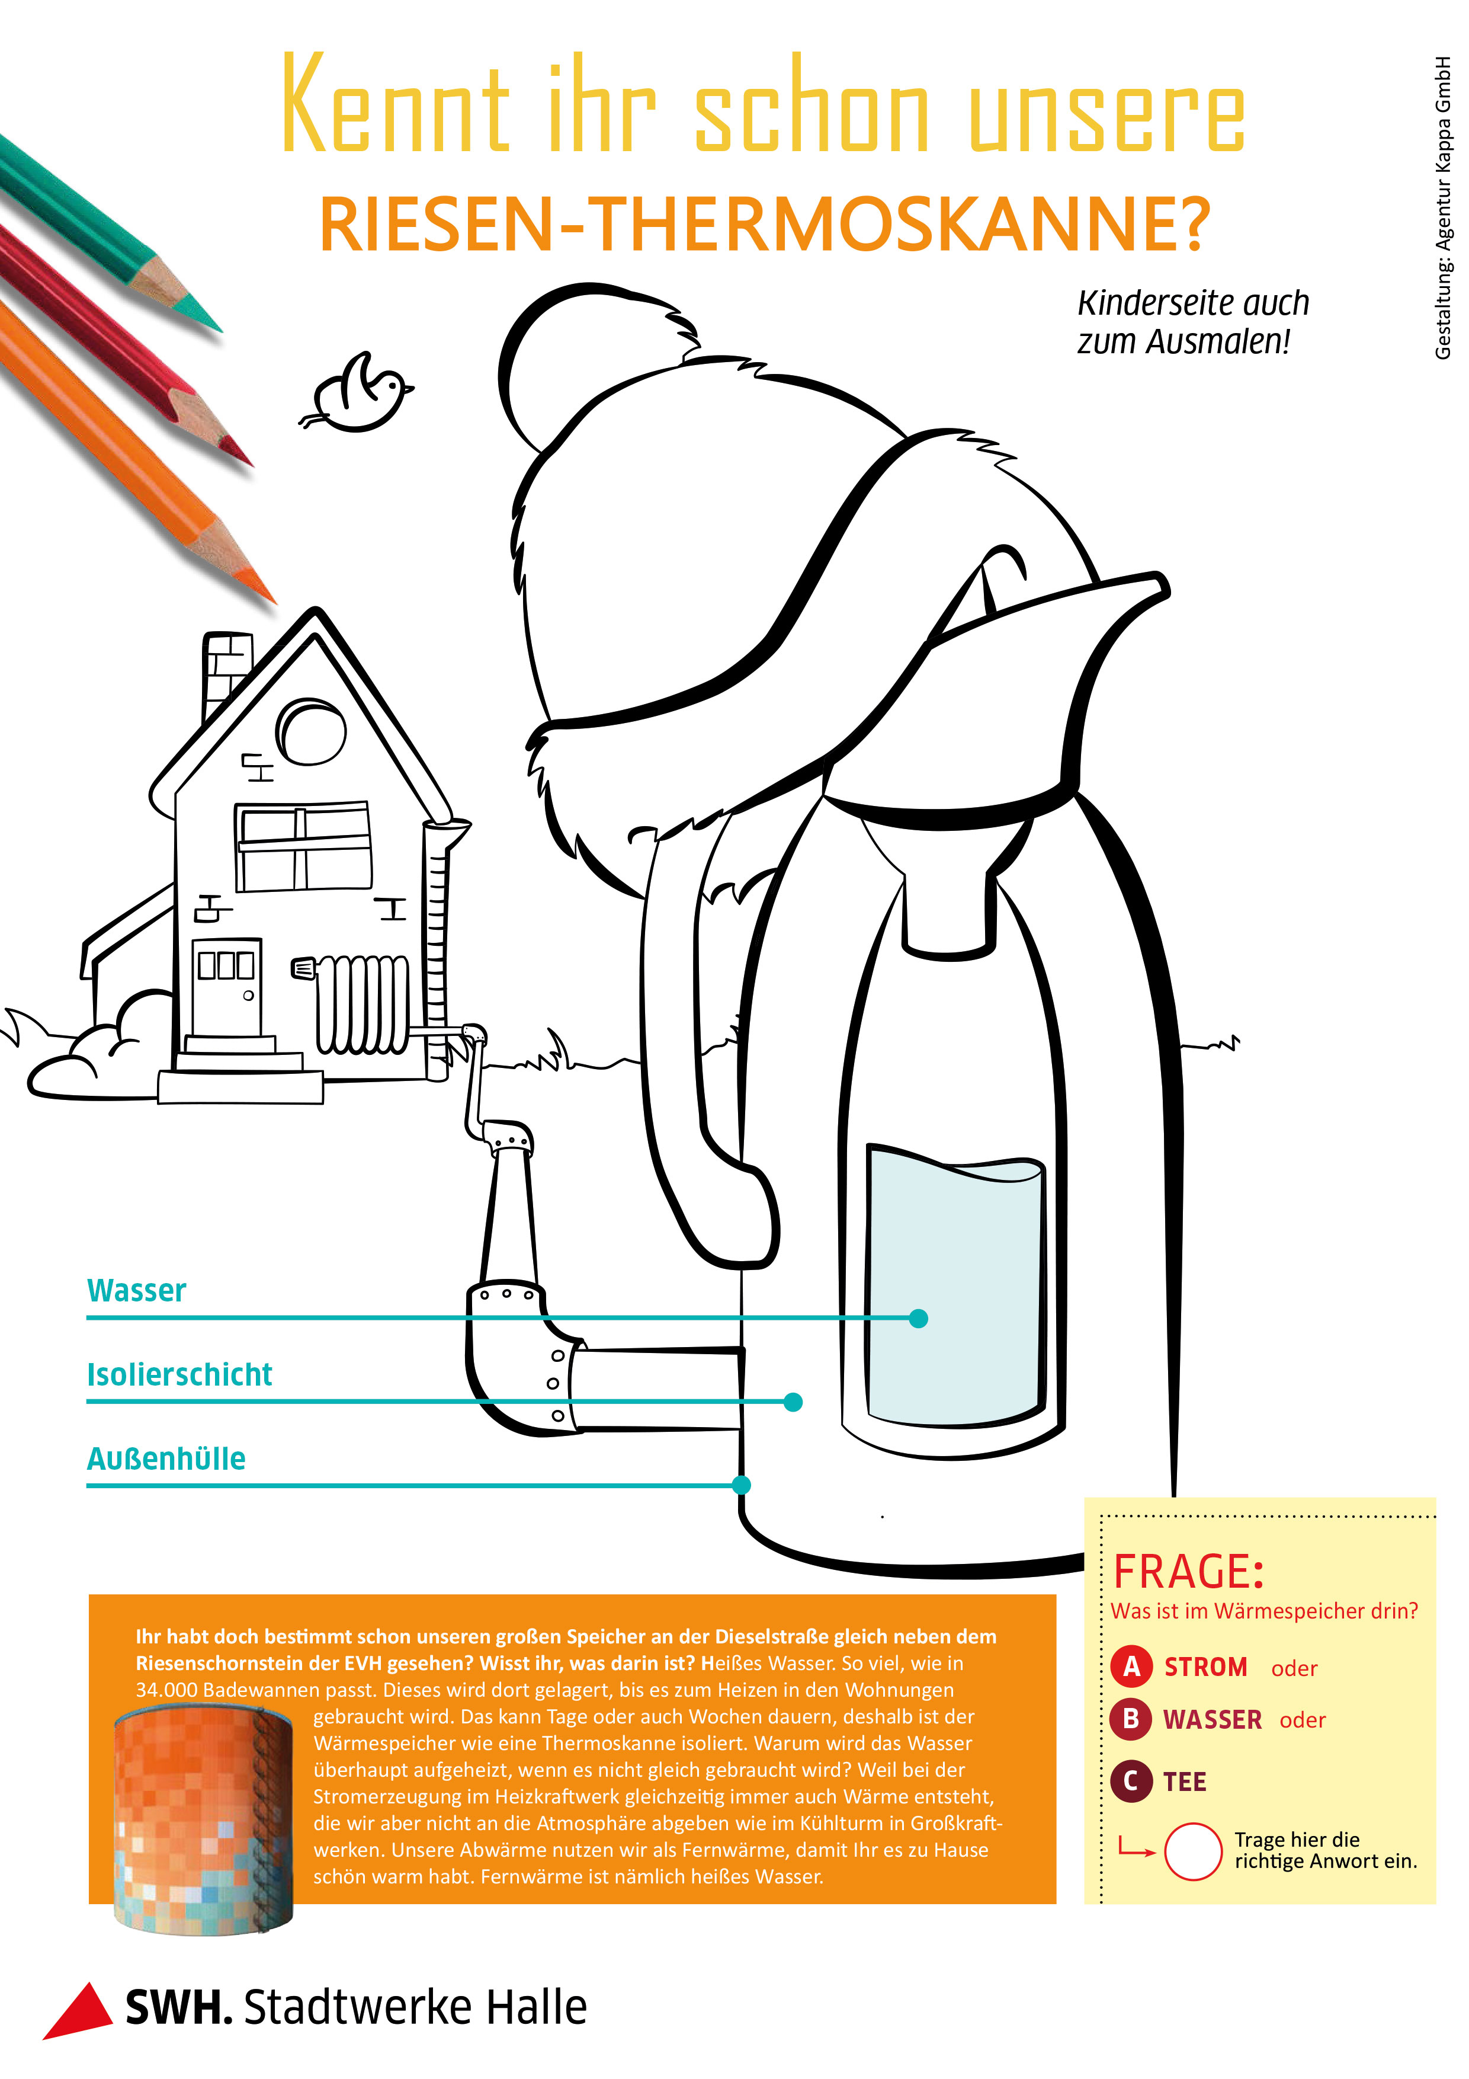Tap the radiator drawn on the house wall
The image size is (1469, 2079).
click(362, 1004)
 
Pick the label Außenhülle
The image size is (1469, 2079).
click(166, 1459)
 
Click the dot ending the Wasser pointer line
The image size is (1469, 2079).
click(919, 1319)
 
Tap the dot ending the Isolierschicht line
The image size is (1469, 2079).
click(793, 1402)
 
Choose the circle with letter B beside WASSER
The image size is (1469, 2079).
click(1131, 1719)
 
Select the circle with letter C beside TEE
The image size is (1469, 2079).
click(1131, 1781)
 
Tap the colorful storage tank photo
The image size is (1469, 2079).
click(204, 1820)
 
